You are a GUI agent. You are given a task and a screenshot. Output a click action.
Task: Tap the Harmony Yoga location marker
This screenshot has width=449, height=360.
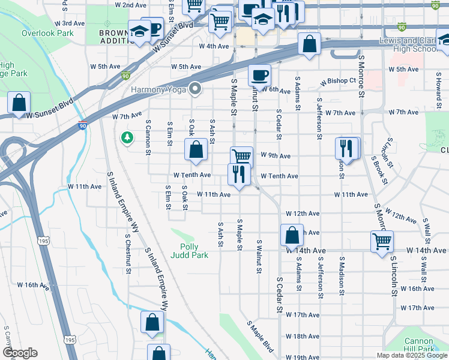pyautogui.click(x=194, y=90)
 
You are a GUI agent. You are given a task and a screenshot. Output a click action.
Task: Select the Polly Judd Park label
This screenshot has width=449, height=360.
pyautogui.click(x=193, y=251)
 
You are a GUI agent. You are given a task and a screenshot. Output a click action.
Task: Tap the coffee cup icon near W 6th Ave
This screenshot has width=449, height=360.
pyautogui.click(x=259, y=76)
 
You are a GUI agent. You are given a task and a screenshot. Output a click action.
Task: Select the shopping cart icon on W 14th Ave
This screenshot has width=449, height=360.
pyautogui.click(x=382, y=242)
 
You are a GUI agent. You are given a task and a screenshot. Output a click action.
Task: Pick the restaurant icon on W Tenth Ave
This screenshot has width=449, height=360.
pyautogui.click(x=239, y=175)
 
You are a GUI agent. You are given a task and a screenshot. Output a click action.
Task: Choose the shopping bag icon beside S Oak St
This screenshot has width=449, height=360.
pyautogui.click(x=196, y=150)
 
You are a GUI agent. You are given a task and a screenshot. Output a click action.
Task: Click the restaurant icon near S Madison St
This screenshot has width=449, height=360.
pyautogui.click(x=347, y=148)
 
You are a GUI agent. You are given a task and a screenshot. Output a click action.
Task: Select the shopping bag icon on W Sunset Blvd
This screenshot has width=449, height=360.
pyautogui.click(x=19, y=103)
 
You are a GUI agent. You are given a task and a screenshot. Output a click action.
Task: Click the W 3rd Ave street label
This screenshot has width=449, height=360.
pyautogui.click(x=72, y=23)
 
